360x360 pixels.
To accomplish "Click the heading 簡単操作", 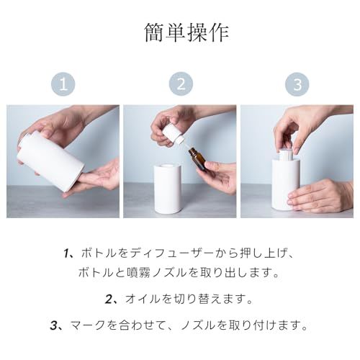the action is pyautogui.click(x=186, y=33).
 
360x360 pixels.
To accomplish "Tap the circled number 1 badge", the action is pyautogui.click(x=63, y=84).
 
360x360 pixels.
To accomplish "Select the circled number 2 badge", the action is pyautogui.click(x=181, y=84).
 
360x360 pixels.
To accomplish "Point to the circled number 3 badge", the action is pyautogui.click(x=297, y=84).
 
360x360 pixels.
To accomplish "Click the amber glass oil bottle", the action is pyautogui.click(x=197, y=158).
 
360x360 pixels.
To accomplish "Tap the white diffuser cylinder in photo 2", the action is pyautogui.click(x=168, y=189).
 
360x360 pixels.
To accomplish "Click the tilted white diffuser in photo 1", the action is pyautogui.click(x=50, y=161).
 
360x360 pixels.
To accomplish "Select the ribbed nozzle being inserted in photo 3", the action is pyautogui.click(x=286, y=154).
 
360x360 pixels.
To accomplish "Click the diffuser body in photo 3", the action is pyautogui.click(x=286, y=185).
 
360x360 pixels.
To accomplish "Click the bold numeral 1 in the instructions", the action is pyautogui.click(x=67, y=254).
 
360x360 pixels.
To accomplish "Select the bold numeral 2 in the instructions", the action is pyautogui.click(x=109, y=300).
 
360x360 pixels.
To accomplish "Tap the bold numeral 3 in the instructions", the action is pyautogui.click(x=54, y=325).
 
